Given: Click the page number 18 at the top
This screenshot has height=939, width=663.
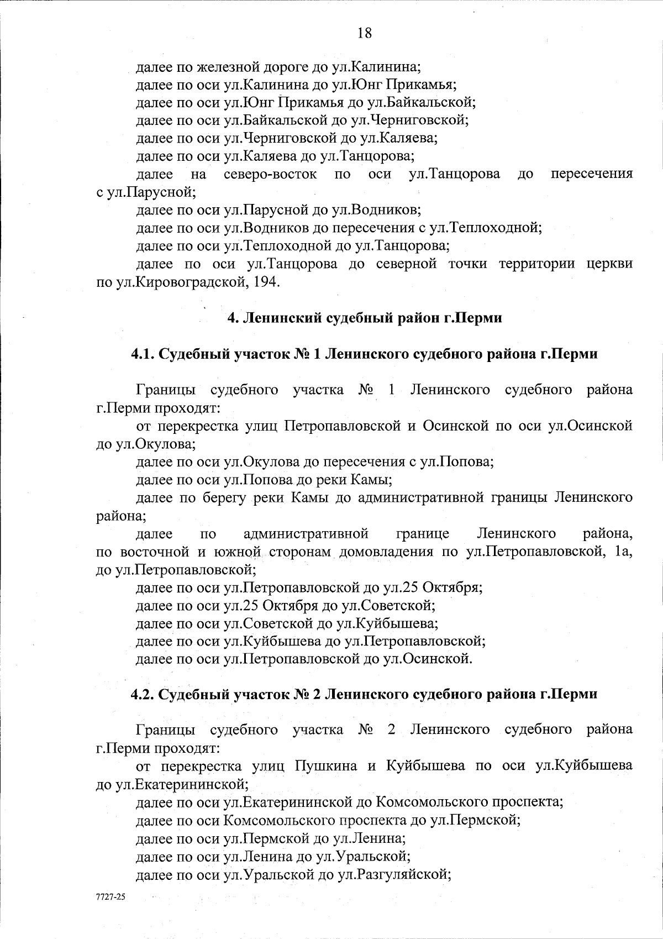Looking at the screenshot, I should (x=364, y=33).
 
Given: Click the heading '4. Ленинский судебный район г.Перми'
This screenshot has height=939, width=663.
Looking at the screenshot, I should (x=365, y=318).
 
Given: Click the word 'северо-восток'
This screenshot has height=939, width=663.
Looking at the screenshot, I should (x=271, y=175).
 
